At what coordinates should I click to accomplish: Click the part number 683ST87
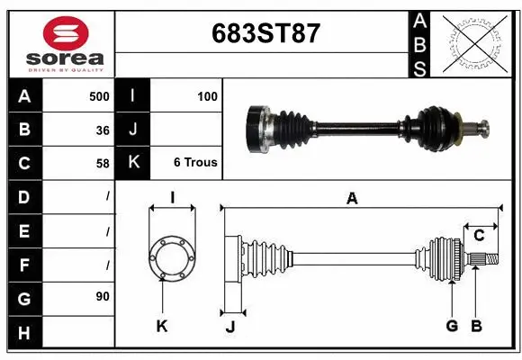(x=265, y=34)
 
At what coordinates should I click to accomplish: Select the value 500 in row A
(x=99, y=96)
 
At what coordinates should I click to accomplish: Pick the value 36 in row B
(x=103, y=130)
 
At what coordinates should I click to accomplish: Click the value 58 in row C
(x=103, y=163)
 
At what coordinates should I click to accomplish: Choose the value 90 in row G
(x=103, y=296)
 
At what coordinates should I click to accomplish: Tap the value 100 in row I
(x=206, y=96)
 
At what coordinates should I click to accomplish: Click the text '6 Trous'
(x=195, y=163)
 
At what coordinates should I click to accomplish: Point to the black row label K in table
(x=133, y=163)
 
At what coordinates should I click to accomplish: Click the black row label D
(x=23, y=196)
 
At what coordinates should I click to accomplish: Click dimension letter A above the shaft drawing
(x=352, y=198)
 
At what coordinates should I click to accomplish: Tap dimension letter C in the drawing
(x=479, y=236)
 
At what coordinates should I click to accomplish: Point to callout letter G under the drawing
(x=452, y=326)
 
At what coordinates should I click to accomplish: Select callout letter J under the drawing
(x=230, y=327)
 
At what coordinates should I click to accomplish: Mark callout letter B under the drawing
(x=477, y=326)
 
